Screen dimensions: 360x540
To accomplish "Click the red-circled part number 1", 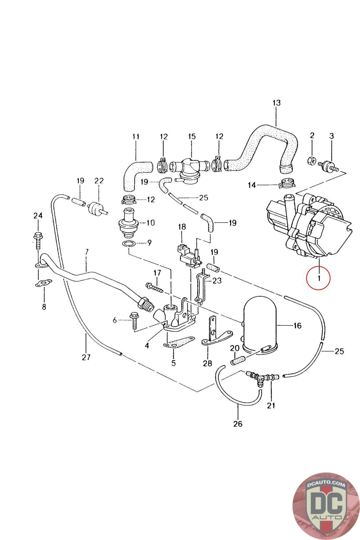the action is [319, 278].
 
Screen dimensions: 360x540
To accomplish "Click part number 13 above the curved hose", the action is [276, 103].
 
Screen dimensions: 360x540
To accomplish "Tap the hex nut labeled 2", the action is [311, 160].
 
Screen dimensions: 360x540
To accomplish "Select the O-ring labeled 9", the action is [129, 244].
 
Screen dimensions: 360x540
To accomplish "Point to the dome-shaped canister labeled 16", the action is [260, 326].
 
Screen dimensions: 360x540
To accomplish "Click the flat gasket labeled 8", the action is [44, 283].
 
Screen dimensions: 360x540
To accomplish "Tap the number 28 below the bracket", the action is [207, 363].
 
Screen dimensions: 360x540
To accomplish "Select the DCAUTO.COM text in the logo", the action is [326, 484].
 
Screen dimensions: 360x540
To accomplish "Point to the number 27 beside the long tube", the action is [86, 357].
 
